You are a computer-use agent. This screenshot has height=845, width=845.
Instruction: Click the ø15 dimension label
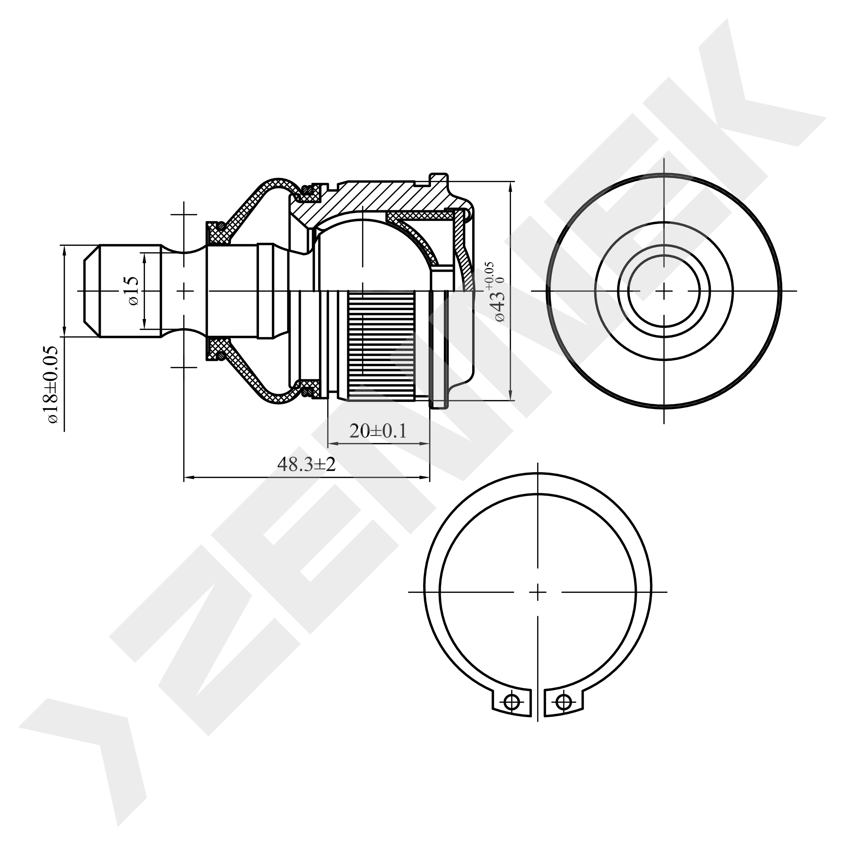[x=134, y=290]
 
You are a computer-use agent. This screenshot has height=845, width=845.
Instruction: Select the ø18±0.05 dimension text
[x=52, y=384]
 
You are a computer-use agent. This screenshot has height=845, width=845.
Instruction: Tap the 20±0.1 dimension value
[x=378, y=431]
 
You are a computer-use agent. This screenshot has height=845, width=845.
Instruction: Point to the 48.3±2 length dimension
[x=306, y=464]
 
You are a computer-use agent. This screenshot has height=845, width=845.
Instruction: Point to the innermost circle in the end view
[x=664, y=290]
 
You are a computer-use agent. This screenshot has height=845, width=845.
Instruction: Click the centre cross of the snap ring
[x=537, y=593]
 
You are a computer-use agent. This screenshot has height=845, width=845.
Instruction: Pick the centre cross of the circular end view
[x=664, y=290]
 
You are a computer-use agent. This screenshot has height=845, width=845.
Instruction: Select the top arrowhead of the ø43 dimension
[x=511, y=186]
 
